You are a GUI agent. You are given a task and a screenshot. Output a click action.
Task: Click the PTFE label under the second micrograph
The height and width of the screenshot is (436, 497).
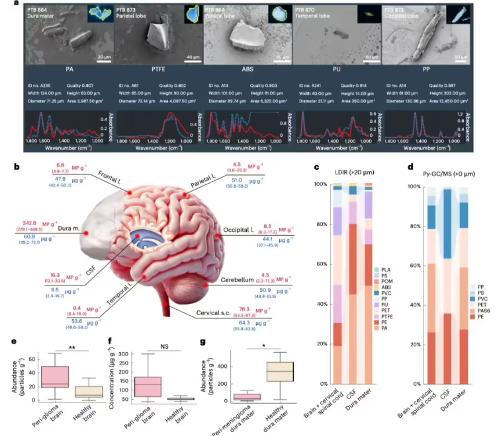coord(158,68)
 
